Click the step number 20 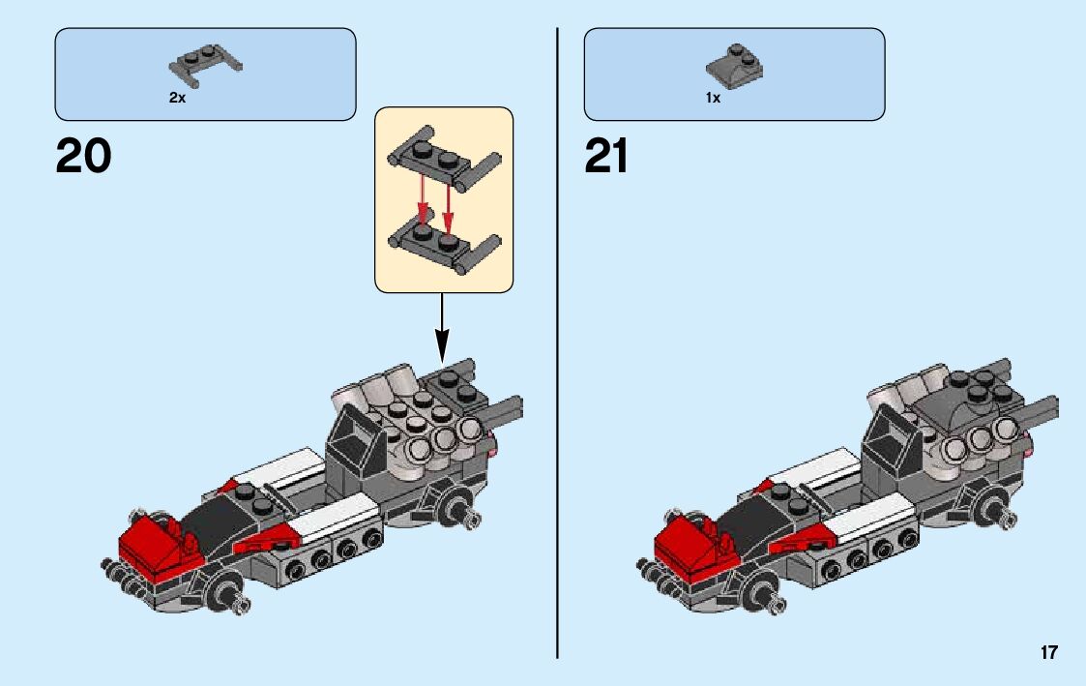(x=83, y=156)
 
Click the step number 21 (x=606, y=156)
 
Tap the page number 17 (x=1049, y=653)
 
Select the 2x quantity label (x=177, y=99)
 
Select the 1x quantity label (x=713, y=99)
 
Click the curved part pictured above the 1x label (x=734, y=65)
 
